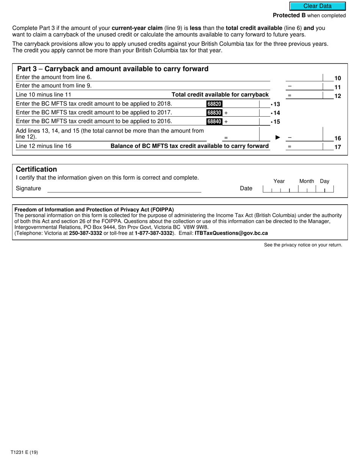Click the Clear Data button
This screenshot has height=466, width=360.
click(x=318, y=6)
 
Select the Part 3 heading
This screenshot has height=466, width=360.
click(x=113, y=69)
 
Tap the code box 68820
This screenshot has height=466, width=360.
click(x=214, y=104)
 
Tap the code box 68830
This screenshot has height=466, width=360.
click(x=214, y=113)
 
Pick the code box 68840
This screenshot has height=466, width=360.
click(x=214, y=122)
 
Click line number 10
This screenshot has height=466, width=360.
click(x=338, y=78)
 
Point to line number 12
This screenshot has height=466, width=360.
click(x=338, y=96)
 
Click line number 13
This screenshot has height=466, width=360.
click(x=277, y=104)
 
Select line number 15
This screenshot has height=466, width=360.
click(x=277, y=122)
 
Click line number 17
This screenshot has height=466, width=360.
click(x=338, y=147)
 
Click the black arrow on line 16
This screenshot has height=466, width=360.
click(x=277, y=138)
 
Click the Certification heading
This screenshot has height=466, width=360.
click(x=36, y=169)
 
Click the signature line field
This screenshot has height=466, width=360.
click(x=124, y=189)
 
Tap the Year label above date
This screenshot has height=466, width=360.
click(x=279, y=181)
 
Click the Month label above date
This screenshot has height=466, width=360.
click(x=306, y=181)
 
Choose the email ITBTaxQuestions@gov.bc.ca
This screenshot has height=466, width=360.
click(x=231, y=233)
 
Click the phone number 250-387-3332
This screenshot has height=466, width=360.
click(x=85, y=233)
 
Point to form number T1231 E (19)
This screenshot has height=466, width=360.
click(x=24, y=452)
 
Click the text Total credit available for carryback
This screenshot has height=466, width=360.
click(x=220, y=95)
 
